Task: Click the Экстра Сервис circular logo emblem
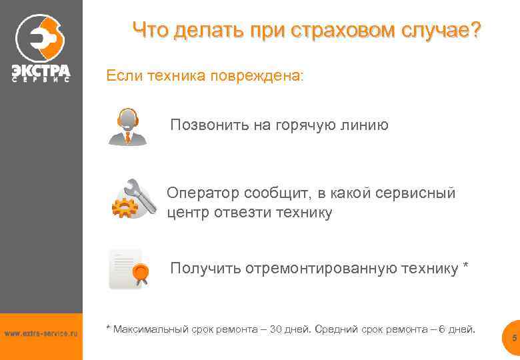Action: pyautogui.click(x=39, y=36)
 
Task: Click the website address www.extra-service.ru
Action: pyautogui.click(x=41, y=333)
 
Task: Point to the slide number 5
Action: pyautogui.click(x=514, y=339)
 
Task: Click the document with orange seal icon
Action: pyautogui.click(x=129, y=269)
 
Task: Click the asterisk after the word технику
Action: pyautogui.click(x=465, y=267)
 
